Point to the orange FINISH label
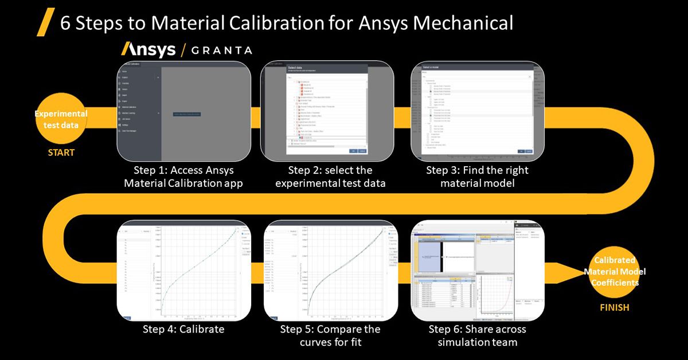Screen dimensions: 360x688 614,307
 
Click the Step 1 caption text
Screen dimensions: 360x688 183,177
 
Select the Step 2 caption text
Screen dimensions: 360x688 330,177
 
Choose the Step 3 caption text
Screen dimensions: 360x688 477,177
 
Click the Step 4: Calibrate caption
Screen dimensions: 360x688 183,330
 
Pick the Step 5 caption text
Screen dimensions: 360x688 330,336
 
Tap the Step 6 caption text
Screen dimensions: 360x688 477,336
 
